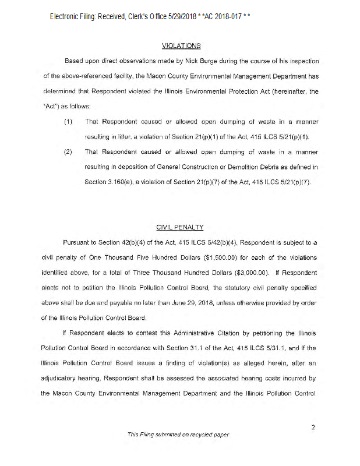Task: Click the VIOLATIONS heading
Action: [181, 45]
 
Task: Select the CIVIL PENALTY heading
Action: [181, 226]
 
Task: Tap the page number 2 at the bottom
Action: [313, 428]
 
